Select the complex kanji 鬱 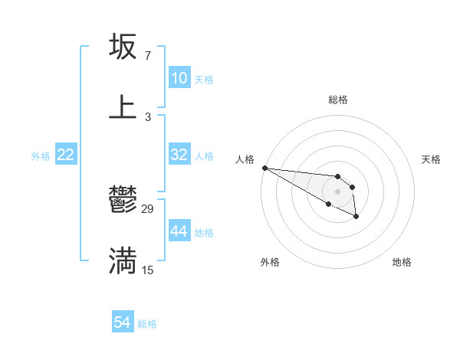tap(123, 201)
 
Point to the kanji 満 tap(123, 260)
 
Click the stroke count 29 tap(148, 208)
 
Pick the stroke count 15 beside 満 tap(148, 270)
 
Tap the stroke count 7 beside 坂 tap(148, 56)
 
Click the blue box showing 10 tap(179, 78)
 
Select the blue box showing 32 tap(179, 155)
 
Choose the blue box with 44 tap(179, 231)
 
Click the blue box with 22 tap(66, 155)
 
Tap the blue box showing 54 tap(123, 322)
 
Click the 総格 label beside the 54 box tap(147, 324)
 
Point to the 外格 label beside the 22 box tap(41, 155)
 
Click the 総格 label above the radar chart tap(338, 99)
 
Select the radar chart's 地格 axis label tap(402, 262)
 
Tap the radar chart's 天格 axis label tap(431, 159)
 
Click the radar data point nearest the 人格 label tap(264, 168)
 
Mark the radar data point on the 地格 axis tap(356, 217)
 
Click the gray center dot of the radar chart tap(337, 191)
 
